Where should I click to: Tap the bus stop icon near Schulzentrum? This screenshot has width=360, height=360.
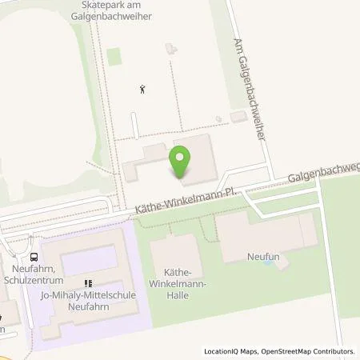click(x=34, y=258)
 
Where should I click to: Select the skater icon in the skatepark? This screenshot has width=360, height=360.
click(x=143, y=89)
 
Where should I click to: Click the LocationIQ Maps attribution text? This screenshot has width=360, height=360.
click(x=228, y=351)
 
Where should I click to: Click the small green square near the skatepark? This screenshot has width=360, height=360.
click(x=114, y=56)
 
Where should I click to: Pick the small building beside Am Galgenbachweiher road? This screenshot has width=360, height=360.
click(x=238, y=118)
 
